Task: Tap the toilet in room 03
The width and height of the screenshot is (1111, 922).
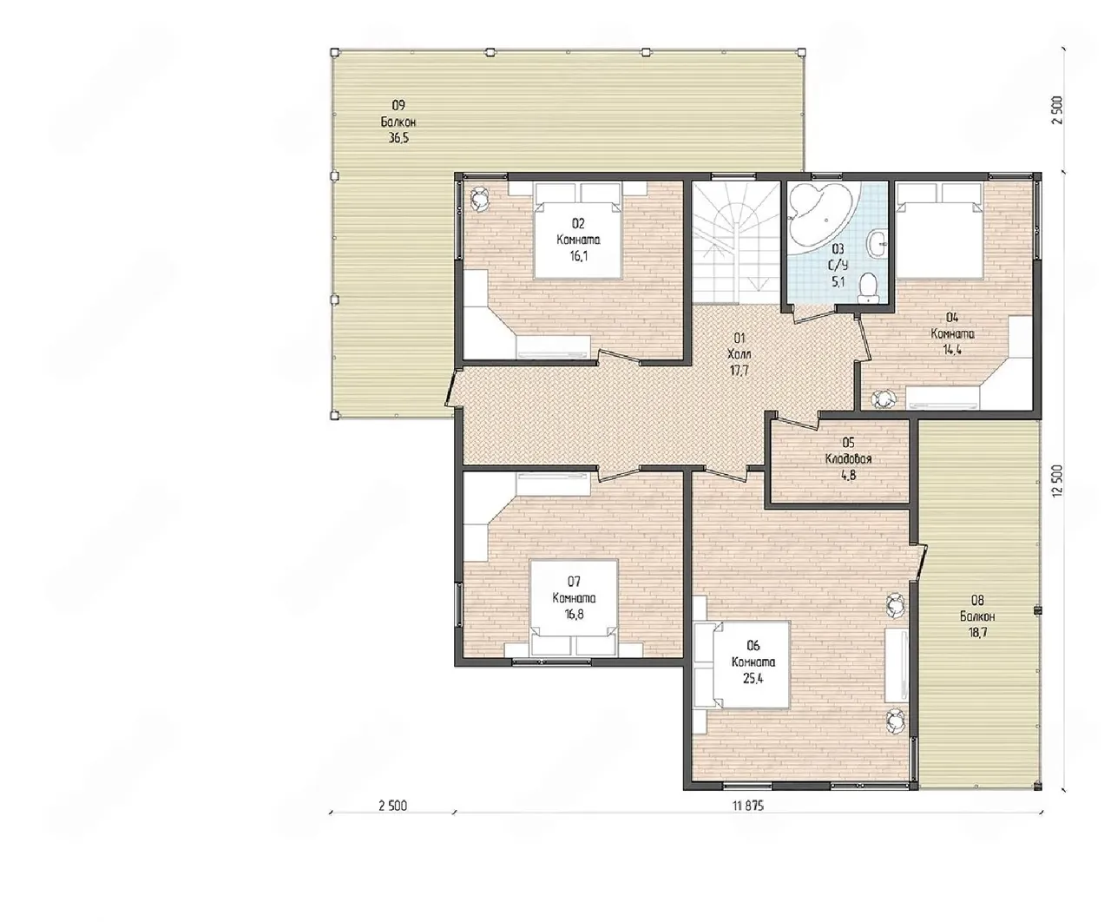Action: tap(868, 288)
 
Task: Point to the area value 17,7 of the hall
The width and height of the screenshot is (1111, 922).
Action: tap(740, 371)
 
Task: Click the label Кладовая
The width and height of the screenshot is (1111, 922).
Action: tap(848, 459)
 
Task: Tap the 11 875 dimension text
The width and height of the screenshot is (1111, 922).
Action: tap(747, 806)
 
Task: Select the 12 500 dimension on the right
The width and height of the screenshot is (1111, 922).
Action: tap(1056, 481)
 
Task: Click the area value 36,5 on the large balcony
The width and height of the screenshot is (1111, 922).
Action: tap(398, 138)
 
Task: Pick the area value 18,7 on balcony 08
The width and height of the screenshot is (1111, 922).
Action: tap(978, 632)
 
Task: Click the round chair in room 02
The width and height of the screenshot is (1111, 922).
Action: tap(481, 199)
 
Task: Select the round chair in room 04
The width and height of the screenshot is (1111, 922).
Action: tap(884, 398)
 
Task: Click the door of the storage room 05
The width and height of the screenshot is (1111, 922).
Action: tap(796, 420)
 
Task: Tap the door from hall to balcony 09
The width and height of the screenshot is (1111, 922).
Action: tap(451, 388)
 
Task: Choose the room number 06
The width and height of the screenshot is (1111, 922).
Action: tap(753, 646)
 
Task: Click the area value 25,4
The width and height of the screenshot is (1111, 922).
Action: tap(753, 679)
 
